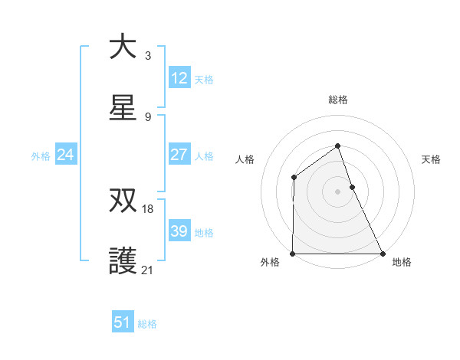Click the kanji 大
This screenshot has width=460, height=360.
coord(123,47)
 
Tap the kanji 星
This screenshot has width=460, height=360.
coord(123,108)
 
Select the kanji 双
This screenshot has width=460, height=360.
coord(123,200)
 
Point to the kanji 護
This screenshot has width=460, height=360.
coord(123,261)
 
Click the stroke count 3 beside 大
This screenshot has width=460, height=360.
coord(148,56)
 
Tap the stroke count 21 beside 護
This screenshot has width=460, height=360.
coord(148,270)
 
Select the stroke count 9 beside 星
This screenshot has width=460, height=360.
coord(148,117)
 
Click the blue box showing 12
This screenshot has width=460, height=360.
coord(179,78)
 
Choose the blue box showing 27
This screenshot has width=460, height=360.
coord(179,155)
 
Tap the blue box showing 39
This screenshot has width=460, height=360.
coord(179,231)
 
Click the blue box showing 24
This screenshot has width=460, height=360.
coord(66,155)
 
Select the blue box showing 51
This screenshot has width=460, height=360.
coord(123,322)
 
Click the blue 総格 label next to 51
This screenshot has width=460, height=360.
coord(147,324)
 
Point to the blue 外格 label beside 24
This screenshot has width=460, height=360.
coord(41,156)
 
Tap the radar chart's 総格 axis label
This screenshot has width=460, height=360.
coord(338,100)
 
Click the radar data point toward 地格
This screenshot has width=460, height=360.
coord(383,254)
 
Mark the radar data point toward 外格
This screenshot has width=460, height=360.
coord(293,254)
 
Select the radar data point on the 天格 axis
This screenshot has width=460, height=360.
coord(352,187)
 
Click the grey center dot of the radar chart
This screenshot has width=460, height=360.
coord(337,191)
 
